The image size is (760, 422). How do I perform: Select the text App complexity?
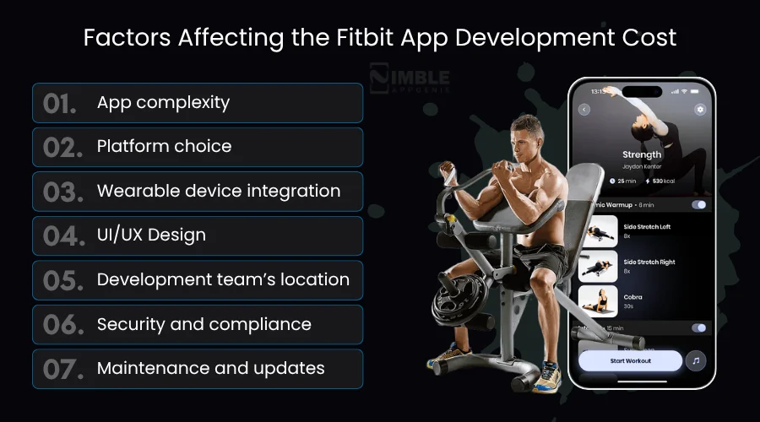(163, 103)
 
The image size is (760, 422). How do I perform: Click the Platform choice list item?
(164, 147)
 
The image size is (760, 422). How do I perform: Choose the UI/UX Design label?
(151, 235)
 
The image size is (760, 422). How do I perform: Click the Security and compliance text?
(204, 324)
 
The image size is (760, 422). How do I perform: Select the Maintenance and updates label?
(210, 369)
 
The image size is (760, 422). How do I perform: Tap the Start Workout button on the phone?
(630, 361)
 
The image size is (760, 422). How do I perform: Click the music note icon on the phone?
(695, 361)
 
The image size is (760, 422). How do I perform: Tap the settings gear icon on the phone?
(699, 110)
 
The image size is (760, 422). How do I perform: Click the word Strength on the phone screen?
(642, 154)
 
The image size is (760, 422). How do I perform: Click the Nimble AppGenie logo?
(410, 78)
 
